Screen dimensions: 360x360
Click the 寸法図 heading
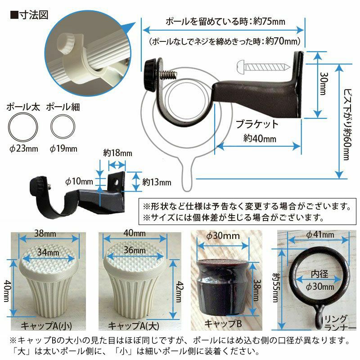click(34, 15)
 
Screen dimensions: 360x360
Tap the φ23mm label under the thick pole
click(24, 148)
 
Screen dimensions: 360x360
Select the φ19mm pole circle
click(63, 126)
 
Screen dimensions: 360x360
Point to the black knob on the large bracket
click(151, 75)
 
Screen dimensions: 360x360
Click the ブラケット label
click(257, 124)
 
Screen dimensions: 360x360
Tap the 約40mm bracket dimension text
click(260, 139)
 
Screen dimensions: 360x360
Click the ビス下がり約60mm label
click(347, 125)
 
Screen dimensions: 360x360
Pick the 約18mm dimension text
click(117, 153)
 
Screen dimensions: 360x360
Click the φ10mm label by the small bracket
click(79, 181)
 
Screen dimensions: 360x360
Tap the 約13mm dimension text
click(157, 182)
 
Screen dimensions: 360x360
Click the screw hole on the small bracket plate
click(117, 183)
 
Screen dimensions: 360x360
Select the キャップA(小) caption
click(46, 325)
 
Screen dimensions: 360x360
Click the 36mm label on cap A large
click(135, 250)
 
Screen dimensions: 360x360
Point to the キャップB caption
click(223, 324)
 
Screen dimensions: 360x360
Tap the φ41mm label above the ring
click(320, 234)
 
